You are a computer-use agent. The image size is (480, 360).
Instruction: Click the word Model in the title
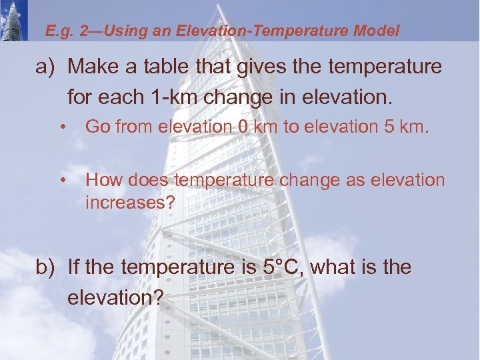pos(377,31)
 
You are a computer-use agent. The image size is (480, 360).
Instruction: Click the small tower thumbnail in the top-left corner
pos(13,21)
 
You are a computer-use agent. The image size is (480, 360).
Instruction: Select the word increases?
pos(129,202)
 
